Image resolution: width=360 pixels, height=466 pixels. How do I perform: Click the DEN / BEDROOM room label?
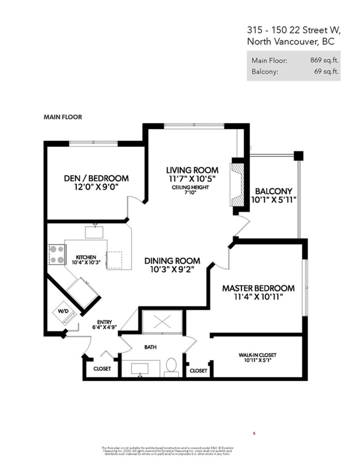[x=96, y=178]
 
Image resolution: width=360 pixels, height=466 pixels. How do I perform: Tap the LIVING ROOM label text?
[x=192, y=170]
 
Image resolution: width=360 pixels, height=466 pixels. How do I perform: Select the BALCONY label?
[x=273, y=191]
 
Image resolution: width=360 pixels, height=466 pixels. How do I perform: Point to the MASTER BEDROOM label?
[x=258, y=288]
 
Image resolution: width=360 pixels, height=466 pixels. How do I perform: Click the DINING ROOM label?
[x=172, y=261]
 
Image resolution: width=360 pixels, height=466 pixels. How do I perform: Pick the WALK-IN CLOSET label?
[x=257, y=355]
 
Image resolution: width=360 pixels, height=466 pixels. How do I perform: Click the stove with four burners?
[x=56, y=254]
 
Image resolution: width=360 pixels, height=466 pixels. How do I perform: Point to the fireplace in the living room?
[x=237, y=185]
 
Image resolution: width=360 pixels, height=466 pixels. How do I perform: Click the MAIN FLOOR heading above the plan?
[x=63, y=118]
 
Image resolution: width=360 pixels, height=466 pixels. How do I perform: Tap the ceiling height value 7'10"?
[x=191, y=193]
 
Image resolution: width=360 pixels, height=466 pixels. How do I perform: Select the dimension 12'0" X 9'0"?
[x=96, y=187]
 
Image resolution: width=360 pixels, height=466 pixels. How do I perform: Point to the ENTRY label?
[x=104, y=322]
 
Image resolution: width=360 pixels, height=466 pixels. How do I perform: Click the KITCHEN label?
[x=85, y=257]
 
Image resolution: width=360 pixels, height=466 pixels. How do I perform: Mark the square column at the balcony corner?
[x=298, y=155]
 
